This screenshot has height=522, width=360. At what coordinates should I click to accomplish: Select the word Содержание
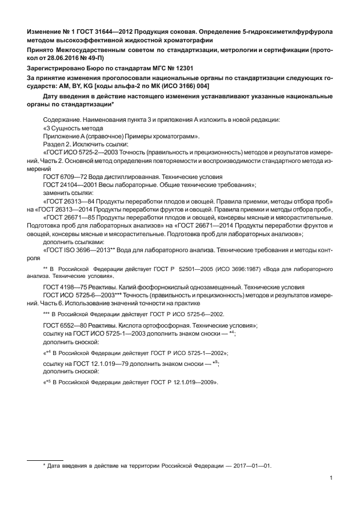tap(61, 119)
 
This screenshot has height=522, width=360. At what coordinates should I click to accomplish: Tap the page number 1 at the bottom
tap(331, 479)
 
